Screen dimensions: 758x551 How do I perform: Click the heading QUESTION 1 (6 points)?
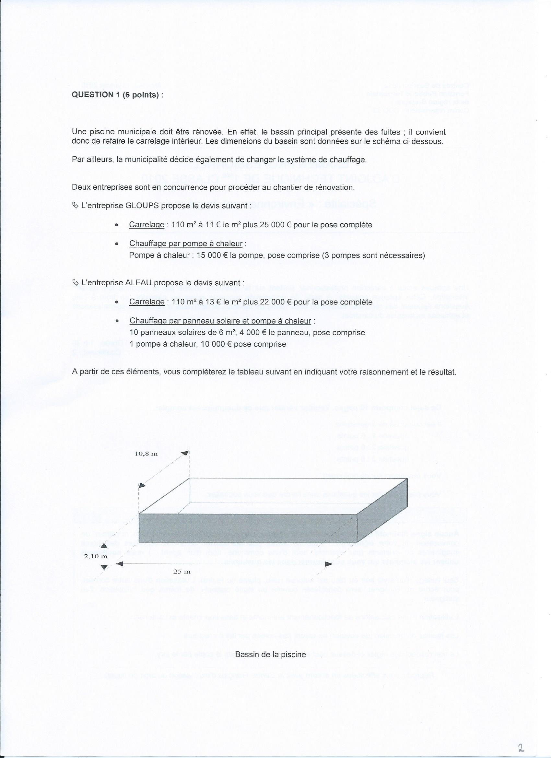(x=118, y=95)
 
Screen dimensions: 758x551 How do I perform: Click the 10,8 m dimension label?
(x=146, y=454)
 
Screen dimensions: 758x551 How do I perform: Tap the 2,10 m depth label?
(x=96, y=556)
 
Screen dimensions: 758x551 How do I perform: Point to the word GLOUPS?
(x=142, y=206)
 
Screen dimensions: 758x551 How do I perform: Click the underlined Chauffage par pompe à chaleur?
(x=186, y=244)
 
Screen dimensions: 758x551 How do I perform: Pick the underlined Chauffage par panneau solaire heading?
(x=220, y=321)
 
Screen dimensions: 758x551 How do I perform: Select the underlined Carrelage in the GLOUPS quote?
(x=147, y=225)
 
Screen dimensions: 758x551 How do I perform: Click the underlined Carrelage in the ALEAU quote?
(x=147, y=302)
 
